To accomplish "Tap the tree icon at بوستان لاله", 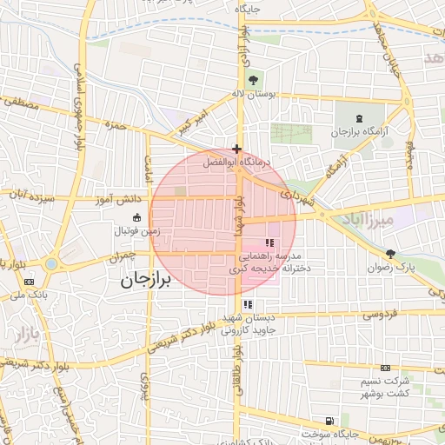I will tap(253, 80).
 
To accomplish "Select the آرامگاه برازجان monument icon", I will tap(361, 118).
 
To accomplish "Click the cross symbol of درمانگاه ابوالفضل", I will tap(236, 149).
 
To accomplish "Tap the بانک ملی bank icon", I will tap(30, 282).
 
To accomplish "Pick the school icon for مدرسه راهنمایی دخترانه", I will tap(269, 242).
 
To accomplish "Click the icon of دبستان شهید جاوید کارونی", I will tap(249, 304).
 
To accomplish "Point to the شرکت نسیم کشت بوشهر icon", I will tap(385, 369).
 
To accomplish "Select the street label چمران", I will tap(123, 258).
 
